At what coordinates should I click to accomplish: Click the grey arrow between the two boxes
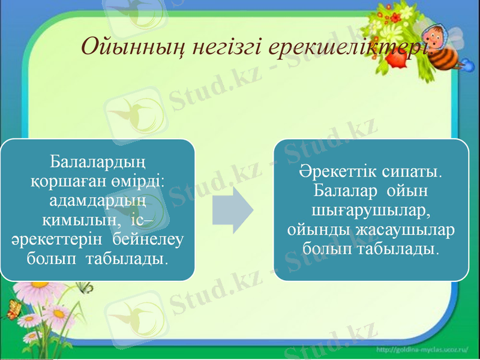point(234,209)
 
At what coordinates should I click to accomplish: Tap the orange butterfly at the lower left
point(13,310)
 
